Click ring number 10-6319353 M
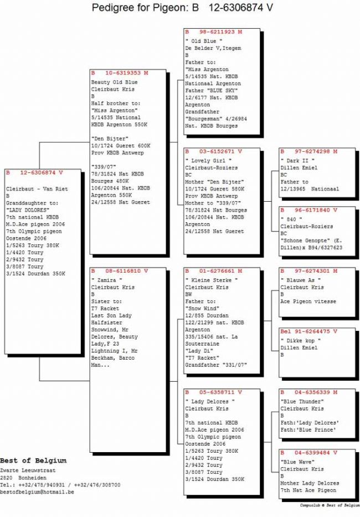pos(120,73)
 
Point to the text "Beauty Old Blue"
pos(114,83)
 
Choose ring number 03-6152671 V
pos(214,151)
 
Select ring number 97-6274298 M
pos(309,151)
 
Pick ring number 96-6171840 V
pos(309,211)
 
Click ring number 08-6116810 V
pos(120,271)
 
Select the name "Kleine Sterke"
pos(211,281)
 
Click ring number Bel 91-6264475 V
pos(309,331)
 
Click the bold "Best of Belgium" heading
pos(33,460)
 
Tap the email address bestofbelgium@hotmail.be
pos(37,492)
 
